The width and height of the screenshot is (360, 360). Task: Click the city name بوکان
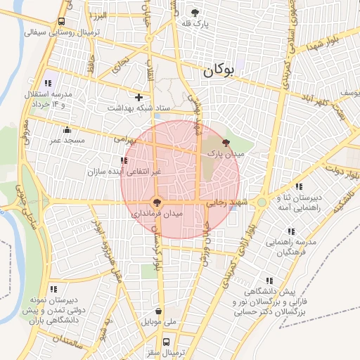click(222, 71)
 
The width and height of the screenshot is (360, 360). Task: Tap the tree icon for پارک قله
click(195, 13)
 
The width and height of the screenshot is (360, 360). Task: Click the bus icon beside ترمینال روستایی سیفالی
click(62, 22)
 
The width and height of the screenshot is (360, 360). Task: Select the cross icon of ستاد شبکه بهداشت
click(139, 98)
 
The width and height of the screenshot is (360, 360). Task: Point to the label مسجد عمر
click(67, 140)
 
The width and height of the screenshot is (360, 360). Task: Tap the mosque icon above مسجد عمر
click(67, 129)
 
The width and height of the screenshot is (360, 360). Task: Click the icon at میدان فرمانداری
click(157, 201)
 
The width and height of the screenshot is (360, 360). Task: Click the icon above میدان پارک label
click(225, 141)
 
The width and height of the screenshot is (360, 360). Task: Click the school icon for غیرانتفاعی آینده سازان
click(124, 161)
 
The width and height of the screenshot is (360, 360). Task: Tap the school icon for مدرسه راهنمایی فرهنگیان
click(290, 231)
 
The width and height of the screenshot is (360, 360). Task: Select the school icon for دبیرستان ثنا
click(299, 186)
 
